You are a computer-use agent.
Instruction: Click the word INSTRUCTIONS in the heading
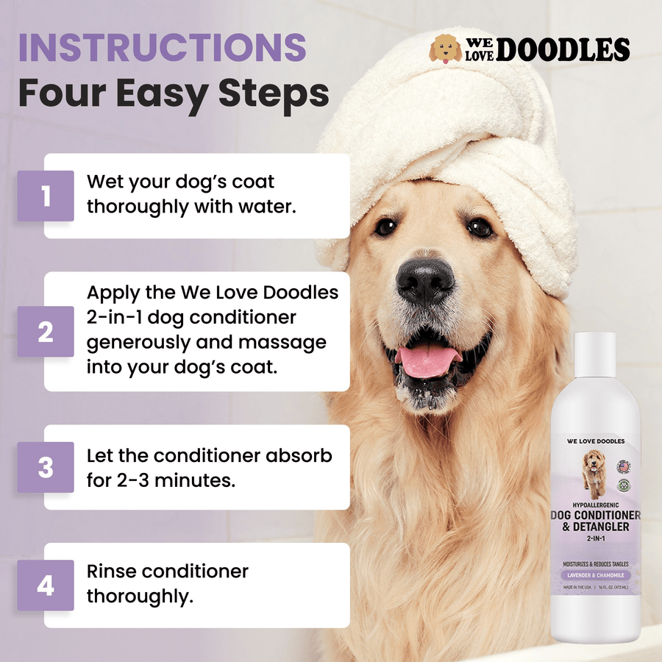162,47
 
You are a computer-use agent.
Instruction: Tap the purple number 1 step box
46,196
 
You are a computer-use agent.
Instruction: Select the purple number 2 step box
46,332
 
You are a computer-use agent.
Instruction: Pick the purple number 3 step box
46,467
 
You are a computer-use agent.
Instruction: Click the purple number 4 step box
46,586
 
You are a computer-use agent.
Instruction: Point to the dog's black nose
424,280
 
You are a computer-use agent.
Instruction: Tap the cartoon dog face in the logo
446,49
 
